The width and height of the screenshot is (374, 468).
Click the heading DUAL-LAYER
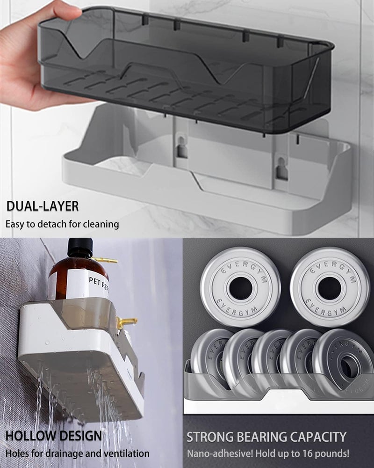(43, 206)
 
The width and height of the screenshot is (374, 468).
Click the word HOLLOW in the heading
(29, 436)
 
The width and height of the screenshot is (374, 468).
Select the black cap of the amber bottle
(80, 248)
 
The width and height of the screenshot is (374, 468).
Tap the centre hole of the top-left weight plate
(241, 289)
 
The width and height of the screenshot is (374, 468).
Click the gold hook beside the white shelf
(126, 322)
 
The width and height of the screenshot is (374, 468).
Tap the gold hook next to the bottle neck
(104, 260)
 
